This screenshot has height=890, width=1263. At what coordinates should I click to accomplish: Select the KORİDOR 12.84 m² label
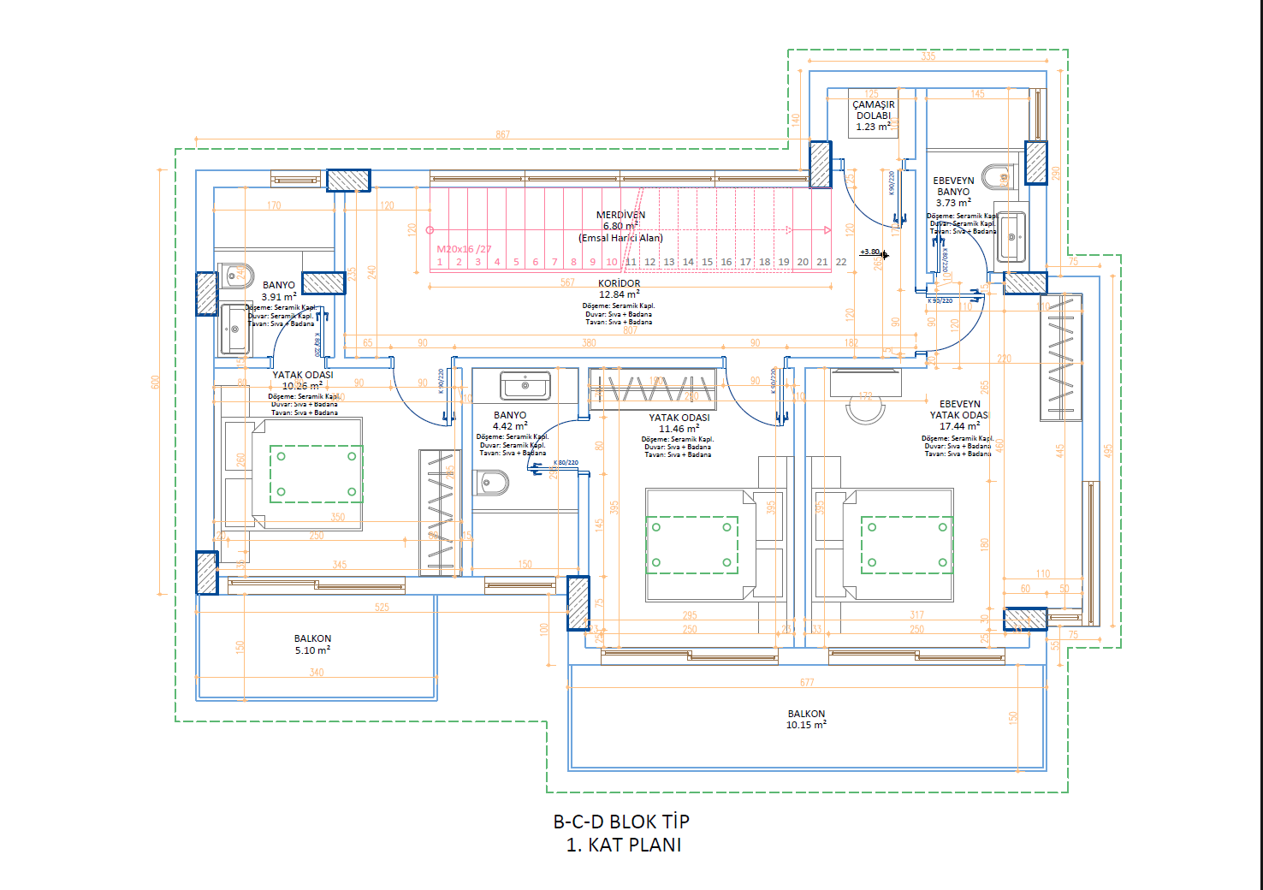(619, 288)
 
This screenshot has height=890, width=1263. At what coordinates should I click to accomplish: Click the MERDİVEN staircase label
(620, 216)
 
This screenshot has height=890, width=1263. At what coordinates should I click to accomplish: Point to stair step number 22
(841, 262)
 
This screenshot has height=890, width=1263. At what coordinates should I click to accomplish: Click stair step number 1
(440, 262)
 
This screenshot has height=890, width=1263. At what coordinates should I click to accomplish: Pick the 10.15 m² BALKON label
(806, 719)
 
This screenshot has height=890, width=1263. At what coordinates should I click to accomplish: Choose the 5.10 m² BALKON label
(312, 644)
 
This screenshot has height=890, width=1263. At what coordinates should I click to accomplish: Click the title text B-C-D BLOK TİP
(621, 822)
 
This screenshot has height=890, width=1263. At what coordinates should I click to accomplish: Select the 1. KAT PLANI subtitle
(624, 845)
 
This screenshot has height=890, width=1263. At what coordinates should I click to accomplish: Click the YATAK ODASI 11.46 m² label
(679, 424)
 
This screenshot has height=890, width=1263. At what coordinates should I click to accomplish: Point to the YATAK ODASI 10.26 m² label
(302, 380)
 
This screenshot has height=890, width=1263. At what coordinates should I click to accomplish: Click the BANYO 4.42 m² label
(510, 420)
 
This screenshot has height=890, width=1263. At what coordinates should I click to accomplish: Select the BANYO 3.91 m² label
(279, 291)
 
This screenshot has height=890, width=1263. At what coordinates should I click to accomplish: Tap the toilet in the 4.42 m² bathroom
(492, 484)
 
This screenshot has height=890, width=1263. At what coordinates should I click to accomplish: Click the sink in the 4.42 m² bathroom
(525, 385)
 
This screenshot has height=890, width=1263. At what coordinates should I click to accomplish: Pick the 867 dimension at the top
(502, 134)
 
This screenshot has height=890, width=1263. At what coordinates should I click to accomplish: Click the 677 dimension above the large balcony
(807, 682)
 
